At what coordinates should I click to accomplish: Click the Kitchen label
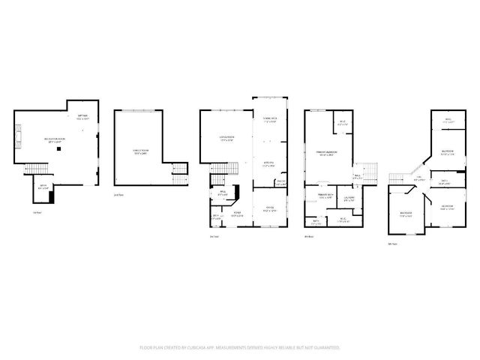[x=268, y=163]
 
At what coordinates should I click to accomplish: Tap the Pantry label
[x=281, y=182]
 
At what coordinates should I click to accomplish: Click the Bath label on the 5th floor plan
[x=445, y=181]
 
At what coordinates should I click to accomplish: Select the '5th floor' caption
[x=391, y=244]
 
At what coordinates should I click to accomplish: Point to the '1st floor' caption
[x=37, y=212]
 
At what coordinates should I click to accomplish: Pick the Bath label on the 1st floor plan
[x=43, y=188]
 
